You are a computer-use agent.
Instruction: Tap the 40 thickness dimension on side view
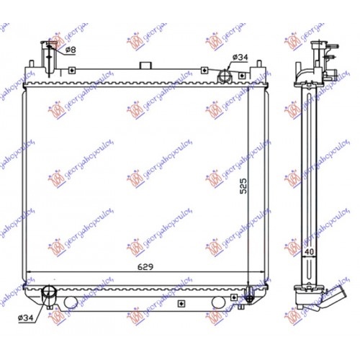[308, 251]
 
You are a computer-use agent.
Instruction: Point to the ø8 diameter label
[70, 49]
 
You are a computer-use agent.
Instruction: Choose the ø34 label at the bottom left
[23, 316]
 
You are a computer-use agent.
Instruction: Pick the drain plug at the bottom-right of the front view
[249, 294]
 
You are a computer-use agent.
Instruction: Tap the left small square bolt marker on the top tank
[75, 71]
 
